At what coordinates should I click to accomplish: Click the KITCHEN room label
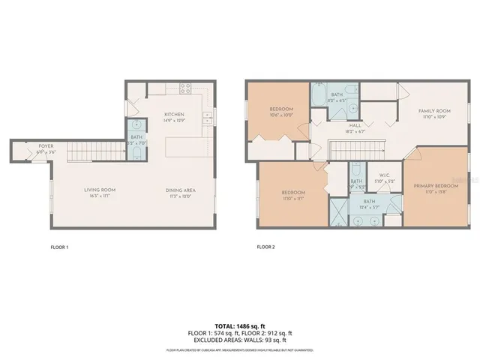[x=175, y=115]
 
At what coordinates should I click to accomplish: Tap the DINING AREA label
[x=180, y=190]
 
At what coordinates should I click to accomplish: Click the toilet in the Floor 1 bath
[x=136, y=152]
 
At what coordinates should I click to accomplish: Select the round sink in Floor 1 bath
[x=136, y=126]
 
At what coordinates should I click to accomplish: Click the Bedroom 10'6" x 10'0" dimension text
[x=281, y=115]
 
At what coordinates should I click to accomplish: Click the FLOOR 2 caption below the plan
[x=265, y=246]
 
